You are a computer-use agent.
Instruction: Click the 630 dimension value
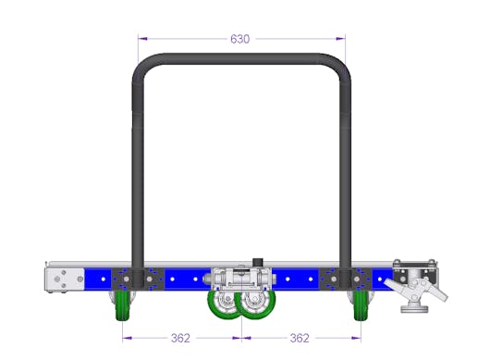click(240, 39)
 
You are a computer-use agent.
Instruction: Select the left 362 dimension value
click(180, 338)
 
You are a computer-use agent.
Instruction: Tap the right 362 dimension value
click(300, 338)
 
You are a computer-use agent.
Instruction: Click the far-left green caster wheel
click(122, 306)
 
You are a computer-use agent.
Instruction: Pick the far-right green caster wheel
click(361, 306)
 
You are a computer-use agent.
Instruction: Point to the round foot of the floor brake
click(415, 309)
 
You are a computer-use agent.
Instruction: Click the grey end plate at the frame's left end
click(65, 279)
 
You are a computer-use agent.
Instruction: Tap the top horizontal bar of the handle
click(240, 59)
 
